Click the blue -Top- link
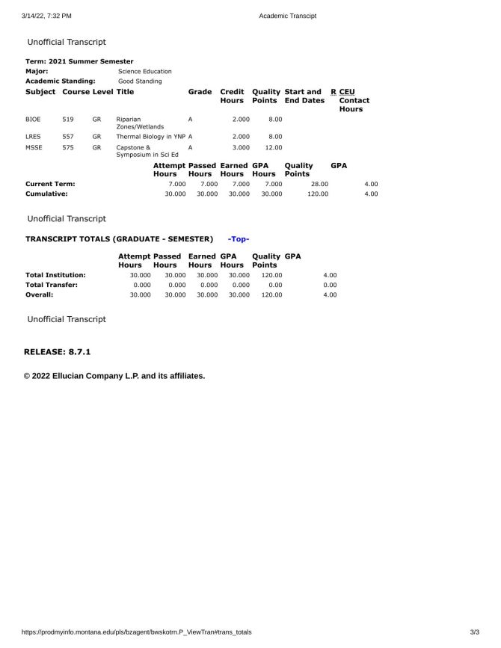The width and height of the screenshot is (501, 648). [239, 239]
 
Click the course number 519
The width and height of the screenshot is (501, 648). [68, 119]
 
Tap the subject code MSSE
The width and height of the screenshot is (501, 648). [34, 148]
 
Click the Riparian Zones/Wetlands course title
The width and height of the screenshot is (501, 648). [134, 123]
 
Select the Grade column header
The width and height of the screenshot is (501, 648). [200, 92]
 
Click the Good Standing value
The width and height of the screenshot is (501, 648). [140, 81]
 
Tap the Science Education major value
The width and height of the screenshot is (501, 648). [145, 71]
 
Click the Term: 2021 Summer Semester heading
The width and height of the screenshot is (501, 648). [79, 61]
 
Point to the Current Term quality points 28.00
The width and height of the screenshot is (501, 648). [319, 184]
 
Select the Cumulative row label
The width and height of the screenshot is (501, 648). [46, 194]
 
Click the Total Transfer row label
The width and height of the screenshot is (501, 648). [51, 285]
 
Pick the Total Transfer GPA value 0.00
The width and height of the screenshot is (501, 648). [330, 285]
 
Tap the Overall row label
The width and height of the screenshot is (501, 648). [39, 294]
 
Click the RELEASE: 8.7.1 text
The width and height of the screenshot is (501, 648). [58, 351]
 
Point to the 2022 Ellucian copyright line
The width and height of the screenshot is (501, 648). [114, 376]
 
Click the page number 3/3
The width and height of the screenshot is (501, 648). [474, 632]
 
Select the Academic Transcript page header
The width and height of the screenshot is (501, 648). [288, 16]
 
